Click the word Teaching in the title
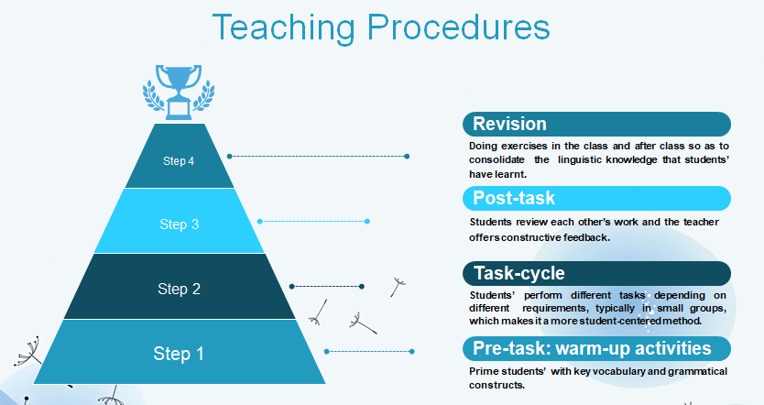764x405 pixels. coord(284,28)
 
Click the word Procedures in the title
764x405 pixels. coord(459,27)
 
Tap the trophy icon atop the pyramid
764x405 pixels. coord(179,93)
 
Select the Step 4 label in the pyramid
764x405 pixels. coord(179,161)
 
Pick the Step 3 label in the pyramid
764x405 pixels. coord(180,224)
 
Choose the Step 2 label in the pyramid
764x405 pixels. coord(179,289)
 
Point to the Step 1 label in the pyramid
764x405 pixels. coord(179,354)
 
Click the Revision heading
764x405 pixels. coord(509,124)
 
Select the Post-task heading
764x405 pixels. coord(514,198)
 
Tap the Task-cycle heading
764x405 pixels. coord(519,273)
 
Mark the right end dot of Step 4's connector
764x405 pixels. coord(407,157)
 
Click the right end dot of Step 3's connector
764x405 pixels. coord(367,221)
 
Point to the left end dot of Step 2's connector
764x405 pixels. coord(292,287)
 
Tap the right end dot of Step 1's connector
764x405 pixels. coord(412,351)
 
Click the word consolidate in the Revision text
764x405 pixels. coord(497,159)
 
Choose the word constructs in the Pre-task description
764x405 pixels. coord(497,385)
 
